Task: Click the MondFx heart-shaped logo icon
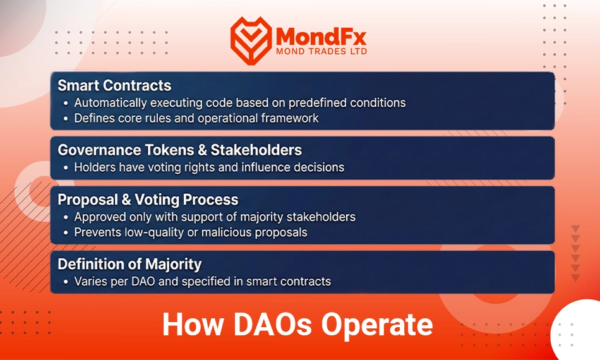pos(251,40)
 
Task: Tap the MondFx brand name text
pos(321,37)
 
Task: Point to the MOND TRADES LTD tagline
pos(321,51)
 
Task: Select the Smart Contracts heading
pos(114,85)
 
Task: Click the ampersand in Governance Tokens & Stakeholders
pos(203,150)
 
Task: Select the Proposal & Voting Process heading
pos(148,200)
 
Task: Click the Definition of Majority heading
pos(129,264)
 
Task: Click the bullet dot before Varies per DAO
pos(66,282)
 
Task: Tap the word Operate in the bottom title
pos(377,325)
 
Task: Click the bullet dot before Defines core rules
pos(66,119)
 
